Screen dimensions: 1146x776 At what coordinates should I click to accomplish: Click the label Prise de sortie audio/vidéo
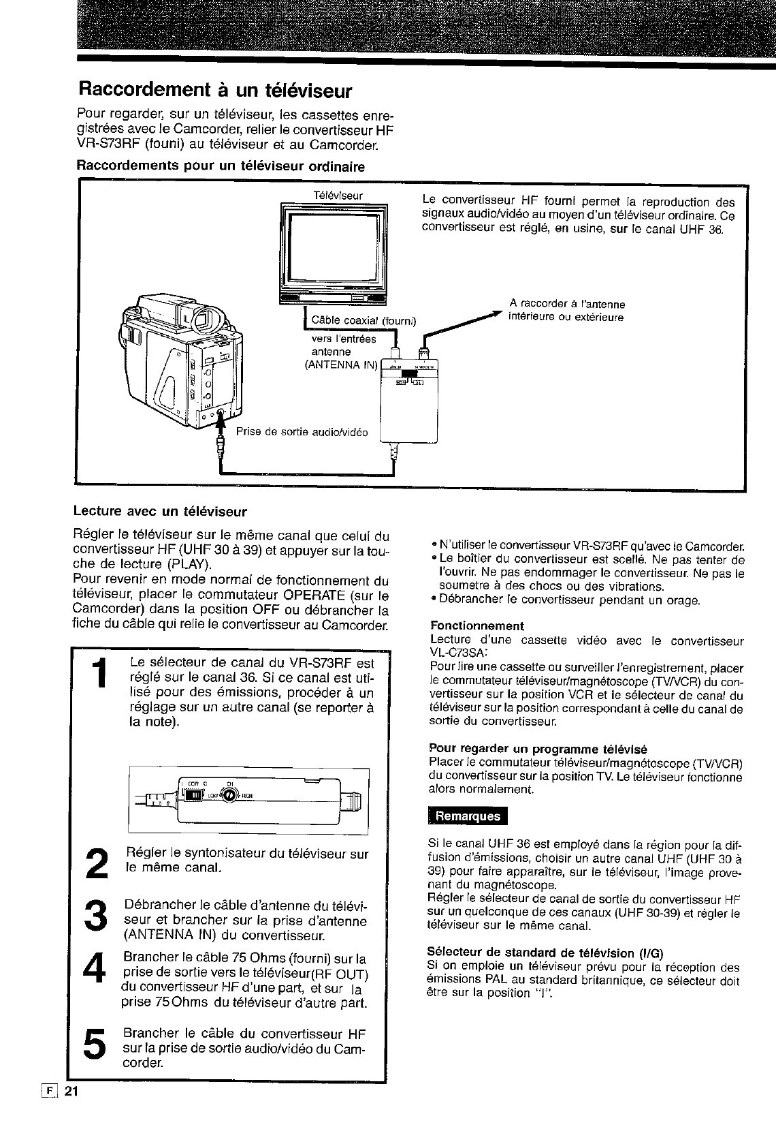(x=302, y=432)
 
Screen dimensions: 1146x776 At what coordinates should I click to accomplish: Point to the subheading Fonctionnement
(x=476, y=625)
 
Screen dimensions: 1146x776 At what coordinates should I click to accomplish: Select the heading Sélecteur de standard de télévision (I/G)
(x=545, y=952)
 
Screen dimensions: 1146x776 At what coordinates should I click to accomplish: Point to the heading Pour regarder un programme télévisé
(x=538, y=748)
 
